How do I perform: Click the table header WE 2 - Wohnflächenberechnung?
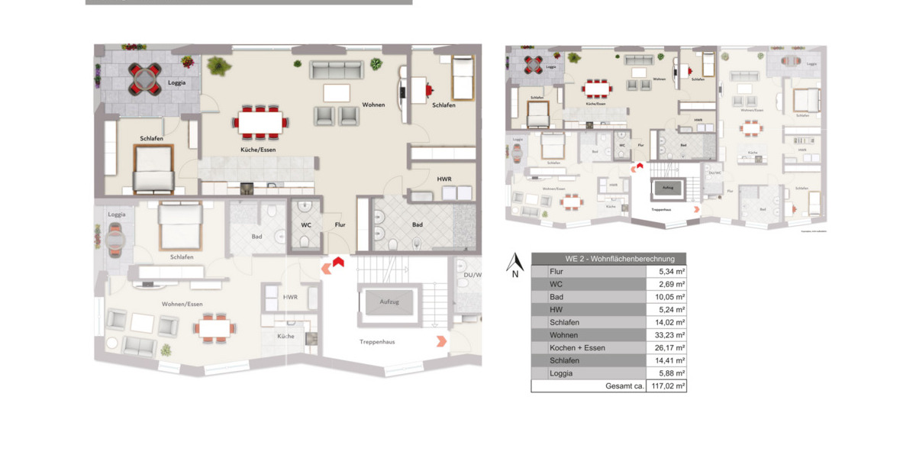(608, 259)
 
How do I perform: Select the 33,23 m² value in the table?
(666, 335)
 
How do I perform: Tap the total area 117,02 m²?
(666, 386)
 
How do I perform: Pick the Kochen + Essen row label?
(577, 348)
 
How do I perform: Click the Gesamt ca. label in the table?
(624, 386)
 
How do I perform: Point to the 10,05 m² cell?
(666, 297)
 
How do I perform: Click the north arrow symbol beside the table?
(514, 262)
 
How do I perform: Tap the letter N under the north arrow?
(515, 275)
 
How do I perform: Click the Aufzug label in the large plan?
(389, 302)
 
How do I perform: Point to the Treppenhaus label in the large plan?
(377, 342)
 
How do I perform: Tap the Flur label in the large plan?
(340, 224)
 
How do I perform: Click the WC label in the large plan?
(306, 224)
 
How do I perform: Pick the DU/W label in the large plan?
(473, 275)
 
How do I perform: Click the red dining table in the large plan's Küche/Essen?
(260, 121)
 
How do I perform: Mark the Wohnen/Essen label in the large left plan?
(182, 304)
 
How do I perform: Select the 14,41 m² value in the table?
(666, 361)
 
